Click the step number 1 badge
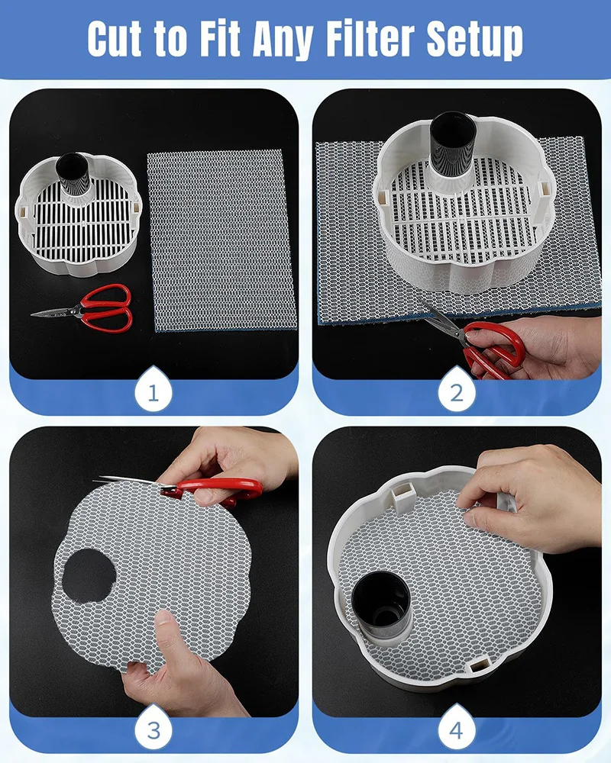point(153,391)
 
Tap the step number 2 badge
point(456,391)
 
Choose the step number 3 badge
point(153,729)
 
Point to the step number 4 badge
point(456,729)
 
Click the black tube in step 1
point(73,174)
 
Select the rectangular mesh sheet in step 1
point(222,240)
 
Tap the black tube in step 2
point(450,142)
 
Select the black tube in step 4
point(382,607)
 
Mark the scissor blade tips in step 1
point(32,314)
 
